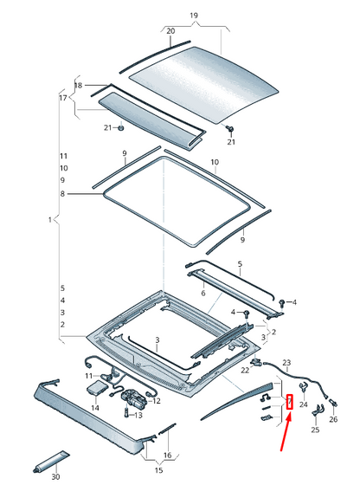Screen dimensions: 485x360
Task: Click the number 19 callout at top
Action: [194, 16]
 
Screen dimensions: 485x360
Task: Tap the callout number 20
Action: [170, 32]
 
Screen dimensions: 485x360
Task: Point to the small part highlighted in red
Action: [290, 401]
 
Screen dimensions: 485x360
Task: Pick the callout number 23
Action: [287, 362]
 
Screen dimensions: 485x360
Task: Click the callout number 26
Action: [333, 419]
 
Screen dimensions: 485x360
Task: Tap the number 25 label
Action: [314, 430]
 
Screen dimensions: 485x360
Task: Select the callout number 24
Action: [303, 404]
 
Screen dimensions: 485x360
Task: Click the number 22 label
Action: [245, 370]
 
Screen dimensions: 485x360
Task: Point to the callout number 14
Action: [95, 406]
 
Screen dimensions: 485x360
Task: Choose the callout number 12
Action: [157, 400]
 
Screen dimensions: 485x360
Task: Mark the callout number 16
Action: [168, 454]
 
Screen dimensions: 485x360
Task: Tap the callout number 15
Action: [158, 470]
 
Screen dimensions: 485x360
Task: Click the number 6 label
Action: [203, 294]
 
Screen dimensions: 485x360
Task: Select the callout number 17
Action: [61, 99]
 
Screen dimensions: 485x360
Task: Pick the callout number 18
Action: [78, 86]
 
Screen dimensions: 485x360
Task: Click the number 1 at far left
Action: [49, 221]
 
